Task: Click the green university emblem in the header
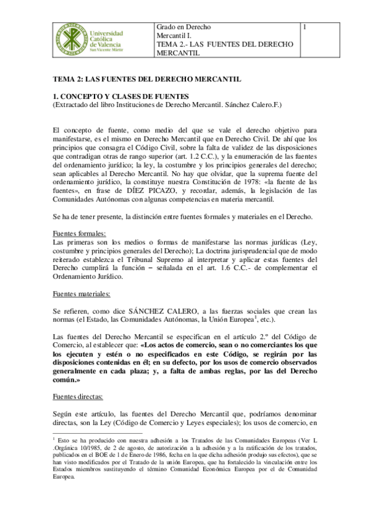pos(67,40)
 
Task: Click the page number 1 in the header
pos(305,27)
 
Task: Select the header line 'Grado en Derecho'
pos(183,27)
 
